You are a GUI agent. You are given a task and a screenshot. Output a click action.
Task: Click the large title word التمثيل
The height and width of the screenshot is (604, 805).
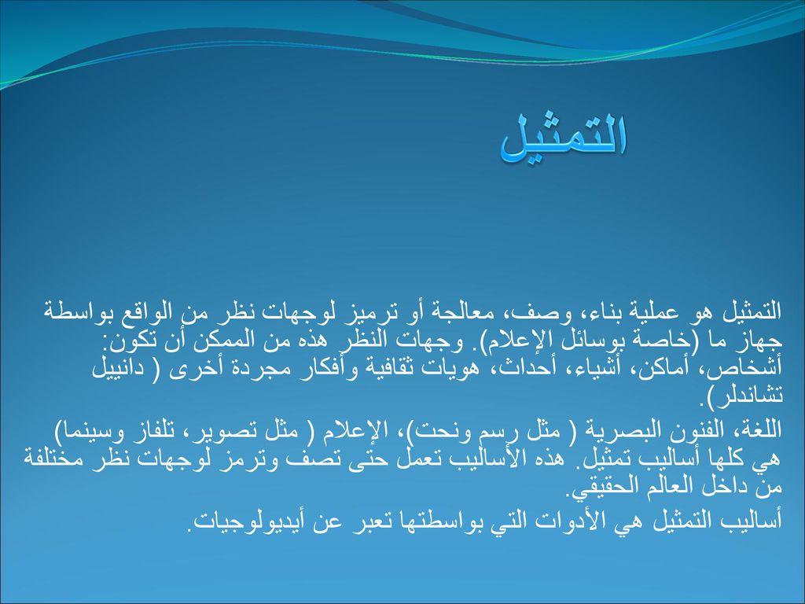(564, 137)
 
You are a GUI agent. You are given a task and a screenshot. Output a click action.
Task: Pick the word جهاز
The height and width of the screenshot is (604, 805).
(757, 340)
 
